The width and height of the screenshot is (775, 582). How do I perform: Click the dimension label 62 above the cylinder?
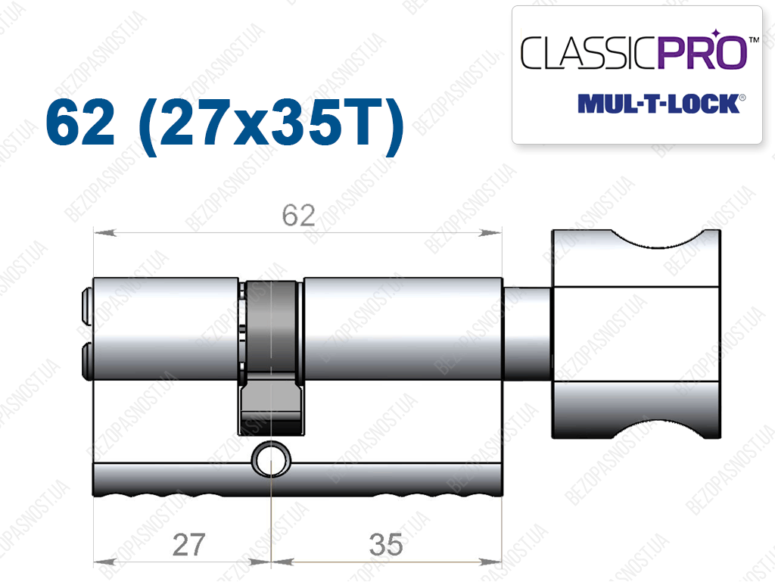pyautogui.click(x=298, y=216)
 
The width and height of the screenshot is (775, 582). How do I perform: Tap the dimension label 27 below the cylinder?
pyautogui.click(x=188, y=545)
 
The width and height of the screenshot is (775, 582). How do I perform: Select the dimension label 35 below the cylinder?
pyautogui.click(x=386, y=545)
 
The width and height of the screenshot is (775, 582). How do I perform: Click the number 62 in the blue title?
pyautogui.click(x=80, y=122)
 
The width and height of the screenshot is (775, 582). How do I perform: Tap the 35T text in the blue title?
pyautogui.click(x=326, y=122)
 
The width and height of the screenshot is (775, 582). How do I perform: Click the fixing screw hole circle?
pyautogui.click(x=272, y=459)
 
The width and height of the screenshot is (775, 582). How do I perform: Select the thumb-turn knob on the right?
pyautogui.click(x=636, y=334)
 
